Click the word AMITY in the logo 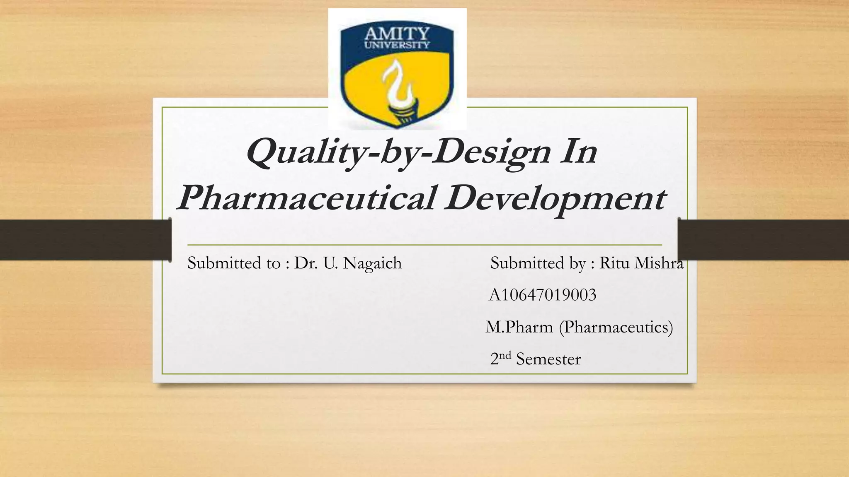(x=397, y=33)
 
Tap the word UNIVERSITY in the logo (x=397, y=45)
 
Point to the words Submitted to (x=234, y=263)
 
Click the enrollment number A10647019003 (x=542, y=295)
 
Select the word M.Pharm (x=519, y=328)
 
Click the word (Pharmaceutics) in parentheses (x=616, y=328)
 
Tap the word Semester (x=548, y=359)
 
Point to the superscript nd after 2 (x=505, y=355)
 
